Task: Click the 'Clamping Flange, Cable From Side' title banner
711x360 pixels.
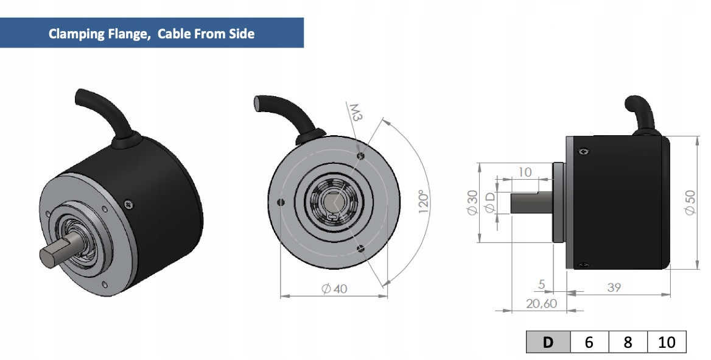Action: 152,33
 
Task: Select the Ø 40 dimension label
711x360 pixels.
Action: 334,289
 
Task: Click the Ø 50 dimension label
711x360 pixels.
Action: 690,202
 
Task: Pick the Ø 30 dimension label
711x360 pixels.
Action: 472,202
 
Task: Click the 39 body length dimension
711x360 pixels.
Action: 614,287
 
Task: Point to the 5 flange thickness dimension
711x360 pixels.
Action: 542,284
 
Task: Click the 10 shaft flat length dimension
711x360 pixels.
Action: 524,172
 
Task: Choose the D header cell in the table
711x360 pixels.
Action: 548,342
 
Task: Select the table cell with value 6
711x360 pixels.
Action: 589,342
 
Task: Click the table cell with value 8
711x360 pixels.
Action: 628,342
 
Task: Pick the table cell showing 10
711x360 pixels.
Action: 667,342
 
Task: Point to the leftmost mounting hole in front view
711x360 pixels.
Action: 280,202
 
